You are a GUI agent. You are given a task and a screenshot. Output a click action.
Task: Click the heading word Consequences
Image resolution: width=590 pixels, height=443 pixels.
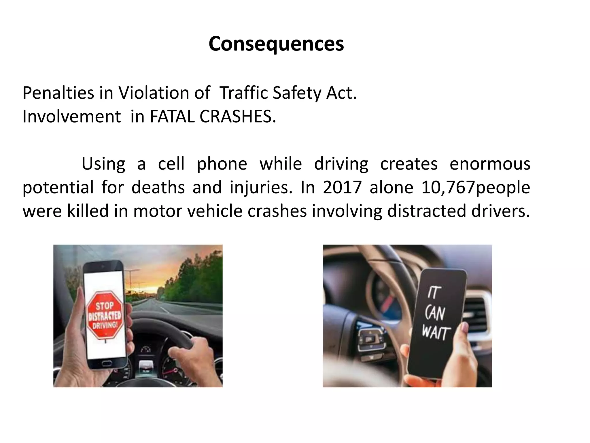[276, 44]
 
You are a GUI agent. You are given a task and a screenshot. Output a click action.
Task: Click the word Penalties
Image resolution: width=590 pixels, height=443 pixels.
[58, 93]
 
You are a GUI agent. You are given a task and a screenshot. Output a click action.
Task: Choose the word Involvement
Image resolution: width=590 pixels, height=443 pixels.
[71, 117]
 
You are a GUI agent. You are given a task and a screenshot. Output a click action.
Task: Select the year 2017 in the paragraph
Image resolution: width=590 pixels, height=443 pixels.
[342, 187]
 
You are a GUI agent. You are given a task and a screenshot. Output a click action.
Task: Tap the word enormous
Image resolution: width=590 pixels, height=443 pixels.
[490, 164]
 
